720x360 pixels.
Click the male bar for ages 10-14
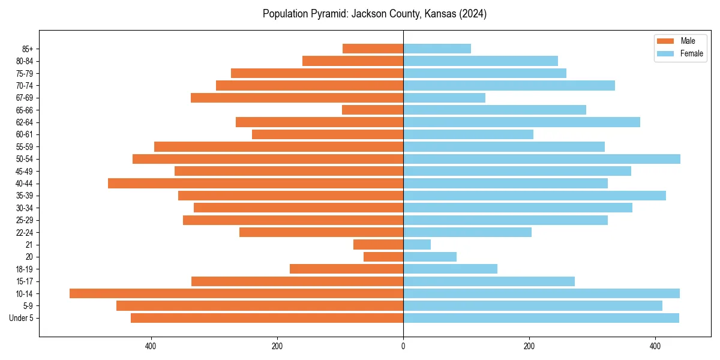[x=236, y=293]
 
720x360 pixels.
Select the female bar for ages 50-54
[x=541, y=159]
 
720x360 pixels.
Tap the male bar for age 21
[x=378, y=244]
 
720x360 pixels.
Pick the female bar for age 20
[x=430, y=257]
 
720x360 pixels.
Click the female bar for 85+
[x=437, y=49]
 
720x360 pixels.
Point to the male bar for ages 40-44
[x=256, y=183]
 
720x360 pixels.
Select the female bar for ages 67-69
[x=444, y=98]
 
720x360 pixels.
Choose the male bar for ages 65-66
[x=373, y=110]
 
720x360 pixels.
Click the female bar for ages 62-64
[x=521, y=122]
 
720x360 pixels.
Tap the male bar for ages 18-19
[x=346, y=269]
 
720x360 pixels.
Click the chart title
[x=374, y=14]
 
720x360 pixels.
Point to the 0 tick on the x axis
[x=403, y=346]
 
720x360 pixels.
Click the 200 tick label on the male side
[x=277, y=346]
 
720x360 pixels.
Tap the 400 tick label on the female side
[x=655, y=346]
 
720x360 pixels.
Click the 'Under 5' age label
[x=21, y=318]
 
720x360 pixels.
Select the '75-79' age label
[x=25, y=73]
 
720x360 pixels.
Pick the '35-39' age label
[x=25, y=196]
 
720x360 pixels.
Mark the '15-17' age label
[x=25, y=281]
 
